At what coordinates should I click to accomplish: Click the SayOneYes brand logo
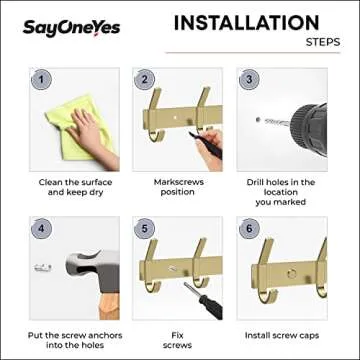(x=71, y=27)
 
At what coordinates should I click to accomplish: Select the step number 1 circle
(x=40, y=78)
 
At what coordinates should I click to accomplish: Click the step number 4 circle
(x=40, y=228)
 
